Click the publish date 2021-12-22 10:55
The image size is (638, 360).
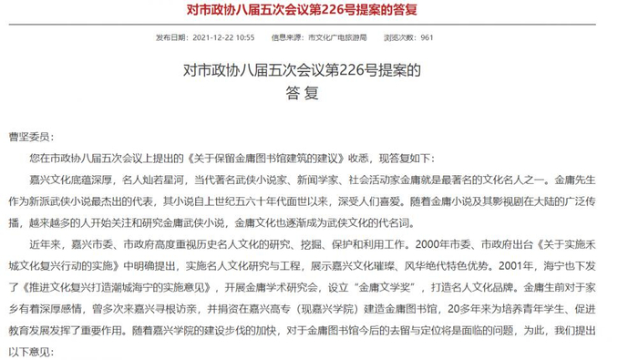click(222, 38)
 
